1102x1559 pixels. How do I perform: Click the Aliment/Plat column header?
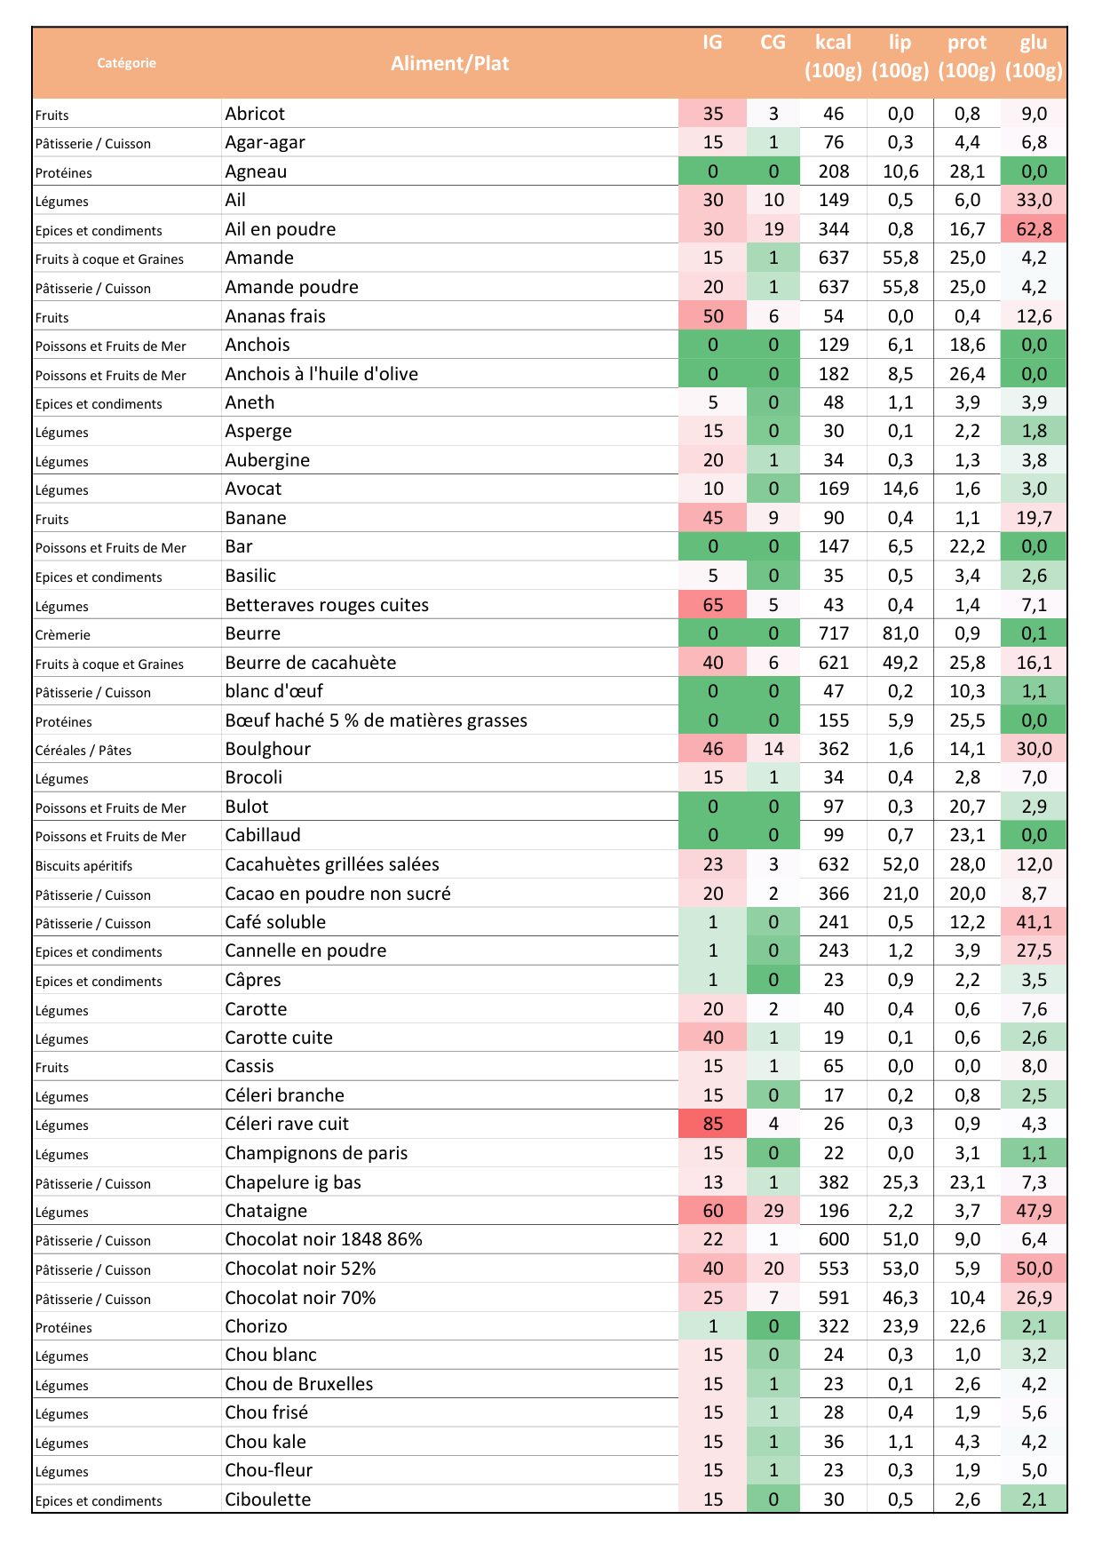click(x=449, y=63)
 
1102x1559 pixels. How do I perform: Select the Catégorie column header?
click(x=126, y=63)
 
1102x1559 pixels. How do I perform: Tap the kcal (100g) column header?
click(x=833, y=56)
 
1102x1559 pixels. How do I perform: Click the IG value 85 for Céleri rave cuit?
click(x=712, y=1124)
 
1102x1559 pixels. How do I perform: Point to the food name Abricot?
click(x=255, y=114)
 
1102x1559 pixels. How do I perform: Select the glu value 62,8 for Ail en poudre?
click(x=1034, y=229)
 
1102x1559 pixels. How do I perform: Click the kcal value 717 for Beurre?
click(x=834, y=633)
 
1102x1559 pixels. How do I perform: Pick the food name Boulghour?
click(x=267, y=749)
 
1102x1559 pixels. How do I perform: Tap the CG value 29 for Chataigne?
click(x=773, y=1211)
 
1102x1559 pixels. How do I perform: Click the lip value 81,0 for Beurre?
click(x=900, y=633)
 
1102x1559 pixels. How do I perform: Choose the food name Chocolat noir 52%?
click(x=300, y=1269)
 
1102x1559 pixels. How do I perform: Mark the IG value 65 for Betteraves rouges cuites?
click(x=712, y=605)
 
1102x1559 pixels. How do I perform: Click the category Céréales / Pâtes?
click(x=83, y=751)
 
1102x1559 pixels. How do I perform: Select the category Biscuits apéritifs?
click(x=83, y=866)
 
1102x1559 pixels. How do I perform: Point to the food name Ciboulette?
click(x=267, y=1499)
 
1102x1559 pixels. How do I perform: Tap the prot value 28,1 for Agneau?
click(x=967, y=171)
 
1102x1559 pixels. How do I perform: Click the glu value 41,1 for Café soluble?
click(x=1034, y=922)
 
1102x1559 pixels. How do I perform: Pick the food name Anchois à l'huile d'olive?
click(x=321, y=374)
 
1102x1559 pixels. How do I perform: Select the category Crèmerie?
click(x=63, y=635)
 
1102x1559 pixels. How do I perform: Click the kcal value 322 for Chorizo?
click(x=834, y=1326)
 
